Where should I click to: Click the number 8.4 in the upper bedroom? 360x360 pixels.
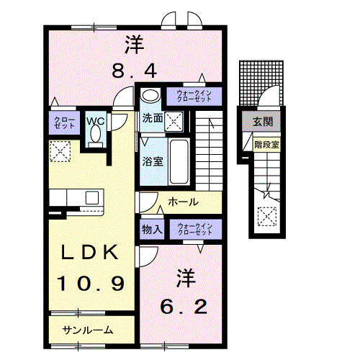point(133,71)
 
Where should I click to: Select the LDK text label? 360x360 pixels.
point(90,253)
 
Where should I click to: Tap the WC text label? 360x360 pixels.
point(96,122)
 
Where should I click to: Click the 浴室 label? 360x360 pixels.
point(151,161)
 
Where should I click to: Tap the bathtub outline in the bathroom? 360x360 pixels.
point(181,160)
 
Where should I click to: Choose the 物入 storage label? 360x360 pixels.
point(152,230)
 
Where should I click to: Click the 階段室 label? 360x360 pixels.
point(266,144)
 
